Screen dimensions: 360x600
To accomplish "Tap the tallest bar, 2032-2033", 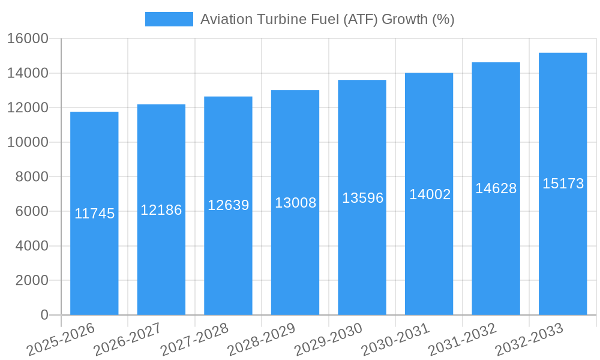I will pyautogui.click(x=563, y=252).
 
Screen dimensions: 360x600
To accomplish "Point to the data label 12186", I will pyautogui.click(x=161, y=210).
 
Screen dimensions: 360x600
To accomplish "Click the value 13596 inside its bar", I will pyautogui.click(x=362, y=198).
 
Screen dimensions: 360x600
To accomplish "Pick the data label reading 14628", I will pyautogui.click(x=496, y=188).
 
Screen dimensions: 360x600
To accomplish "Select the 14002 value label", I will pyautogui.click(x=430, y=194).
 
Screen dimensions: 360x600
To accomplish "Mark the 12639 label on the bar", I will pyautogui.click(x=228, y=205).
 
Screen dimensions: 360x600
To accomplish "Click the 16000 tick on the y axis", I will pyautogui.click(x=28, y=39).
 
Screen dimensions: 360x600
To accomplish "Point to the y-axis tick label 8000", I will pyautogui.click(x=32, y=177).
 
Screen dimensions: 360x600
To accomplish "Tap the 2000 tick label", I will pyautogui.click(x=32, y=280).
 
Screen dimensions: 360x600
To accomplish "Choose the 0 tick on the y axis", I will pyautogui.click(x=44, y=315).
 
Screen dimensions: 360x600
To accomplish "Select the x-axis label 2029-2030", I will pyautogui.click(x=328, y=339).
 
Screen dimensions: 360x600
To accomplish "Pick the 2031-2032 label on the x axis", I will pyautogui.click(x=462, y=339).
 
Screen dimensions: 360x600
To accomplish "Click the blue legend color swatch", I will pyautogui.click(x=169, y=19).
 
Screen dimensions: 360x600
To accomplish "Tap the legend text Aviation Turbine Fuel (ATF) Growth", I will pyautogui.click(x=327, y=19).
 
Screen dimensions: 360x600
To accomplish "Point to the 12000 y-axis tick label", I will pyautogui.click(x=28, y=108).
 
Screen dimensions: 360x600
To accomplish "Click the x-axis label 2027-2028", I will pyautogui.click(x=194, y=339).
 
